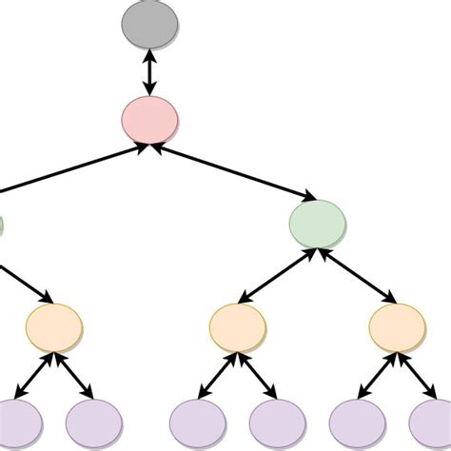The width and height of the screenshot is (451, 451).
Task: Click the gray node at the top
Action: (x=149, y=29)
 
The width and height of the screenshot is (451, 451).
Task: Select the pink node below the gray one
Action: (x=149, y=118)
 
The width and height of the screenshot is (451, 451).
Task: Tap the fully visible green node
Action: (x=317, y=224)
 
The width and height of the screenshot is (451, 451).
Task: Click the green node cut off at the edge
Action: (x=2, y=226)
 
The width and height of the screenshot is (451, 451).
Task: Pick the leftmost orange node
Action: (x=54, y=326)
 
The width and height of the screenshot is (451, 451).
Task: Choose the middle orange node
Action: (x=237, y=326)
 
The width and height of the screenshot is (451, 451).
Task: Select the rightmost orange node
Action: (x=397, y=326)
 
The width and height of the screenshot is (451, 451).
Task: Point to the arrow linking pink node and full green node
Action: (x=233, y=171)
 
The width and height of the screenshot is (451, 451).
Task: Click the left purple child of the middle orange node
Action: (x=197, y=422)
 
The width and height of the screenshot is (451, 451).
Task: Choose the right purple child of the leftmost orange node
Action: (x=93, y=422)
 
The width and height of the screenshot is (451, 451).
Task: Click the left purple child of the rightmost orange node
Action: (x=357, y=422)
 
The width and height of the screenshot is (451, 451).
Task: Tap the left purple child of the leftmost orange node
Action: (x=17, y=422)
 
